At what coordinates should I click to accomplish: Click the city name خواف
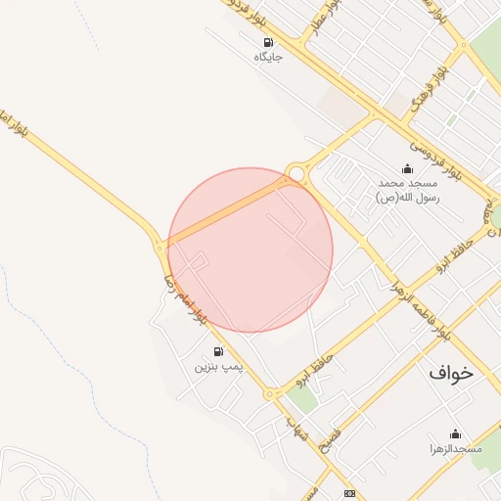tap(450, 373)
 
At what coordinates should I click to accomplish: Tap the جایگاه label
tap(268, 58)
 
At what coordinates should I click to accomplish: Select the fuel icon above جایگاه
tap(268, 42)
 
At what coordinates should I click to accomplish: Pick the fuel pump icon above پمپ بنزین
tap(217, 351)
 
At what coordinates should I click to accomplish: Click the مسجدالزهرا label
tap(455, 449)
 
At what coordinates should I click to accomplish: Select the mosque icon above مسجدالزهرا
tap(455, 433)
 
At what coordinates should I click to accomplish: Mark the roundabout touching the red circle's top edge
tap(296, 174)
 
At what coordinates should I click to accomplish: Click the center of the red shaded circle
tap(250, 250)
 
